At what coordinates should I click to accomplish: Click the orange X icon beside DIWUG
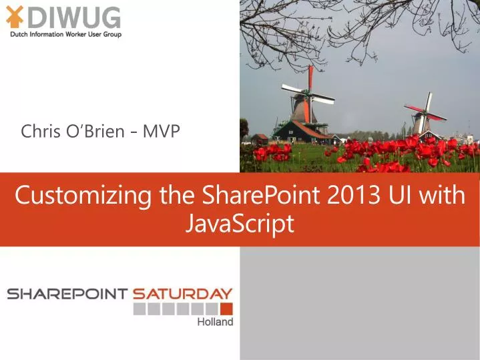pos(15,17)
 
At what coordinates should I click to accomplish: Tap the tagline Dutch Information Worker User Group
pos(65,34)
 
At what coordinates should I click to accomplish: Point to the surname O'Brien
pos(93,131)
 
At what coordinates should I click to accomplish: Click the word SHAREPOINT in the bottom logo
pos(67,294)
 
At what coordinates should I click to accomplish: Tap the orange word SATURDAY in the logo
pos(182,294)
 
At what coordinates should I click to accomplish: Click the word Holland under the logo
pos(215,322)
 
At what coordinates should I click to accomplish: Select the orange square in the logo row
pos(226,309)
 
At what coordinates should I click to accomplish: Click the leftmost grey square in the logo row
pos(139,309)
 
